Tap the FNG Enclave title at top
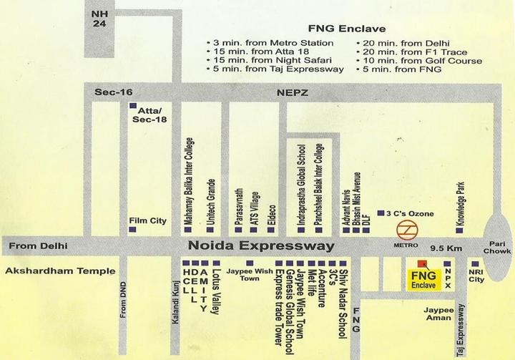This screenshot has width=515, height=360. coord(346,29)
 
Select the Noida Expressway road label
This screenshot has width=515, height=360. coord(261,245)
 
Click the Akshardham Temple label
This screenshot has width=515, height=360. coord(60,271)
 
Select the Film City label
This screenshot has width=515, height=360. coord(147,220)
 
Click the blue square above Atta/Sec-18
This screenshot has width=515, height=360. coord(132,105)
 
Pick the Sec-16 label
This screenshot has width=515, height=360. coord(114,92)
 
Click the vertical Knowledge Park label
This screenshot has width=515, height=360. coord(461,203)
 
